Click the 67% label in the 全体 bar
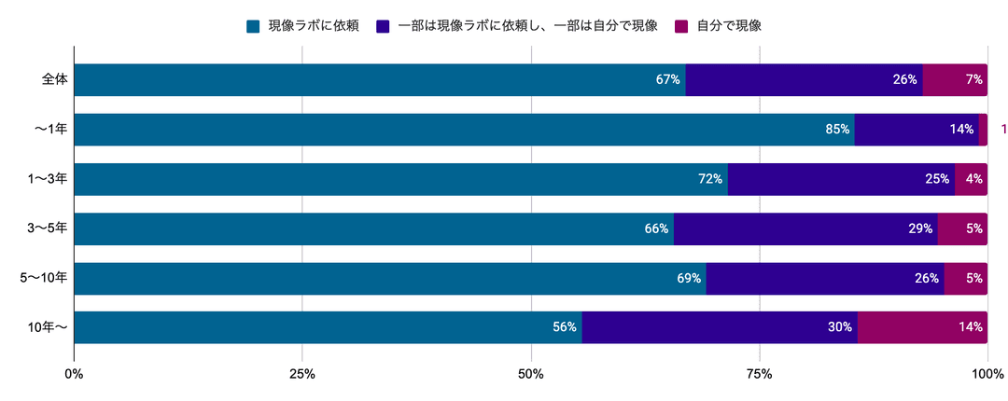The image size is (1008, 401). point(667,80)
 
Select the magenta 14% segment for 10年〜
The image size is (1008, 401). point(922,327)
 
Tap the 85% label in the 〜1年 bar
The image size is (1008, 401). point(837,130)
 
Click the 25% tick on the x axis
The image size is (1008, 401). point(302,375)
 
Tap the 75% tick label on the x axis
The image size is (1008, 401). point(760,375)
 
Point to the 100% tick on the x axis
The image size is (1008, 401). point(987,375)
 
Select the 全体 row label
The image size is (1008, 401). point(54,80)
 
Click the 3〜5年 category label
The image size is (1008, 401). point(47,228)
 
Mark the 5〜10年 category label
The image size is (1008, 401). point(43,278)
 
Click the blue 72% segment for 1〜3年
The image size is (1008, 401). point(400,179)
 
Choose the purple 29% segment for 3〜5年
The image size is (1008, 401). point(805,228)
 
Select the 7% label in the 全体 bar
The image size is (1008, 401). point(974,80)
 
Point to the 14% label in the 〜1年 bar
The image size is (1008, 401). point(962,130)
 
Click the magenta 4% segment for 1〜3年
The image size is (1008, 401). point(971,179)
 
